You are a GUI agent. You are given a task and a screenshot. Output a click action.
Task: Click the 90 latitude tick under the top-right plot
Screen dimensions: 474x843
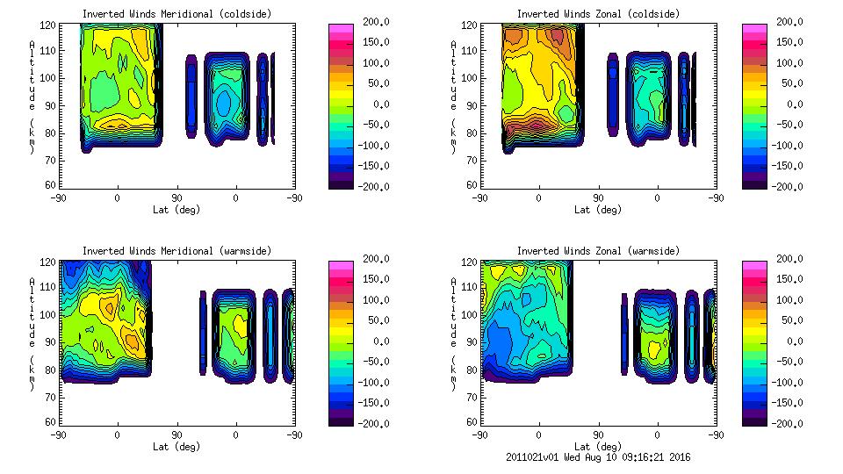point(599,198)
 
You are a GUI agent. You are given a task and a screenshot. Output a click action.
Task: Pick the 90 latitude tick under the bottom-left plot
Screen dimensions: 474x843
point(177,435)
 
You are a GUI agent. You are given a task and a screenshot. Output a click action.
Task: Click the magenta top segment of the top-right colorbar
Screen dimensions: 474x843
point(753,28)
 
